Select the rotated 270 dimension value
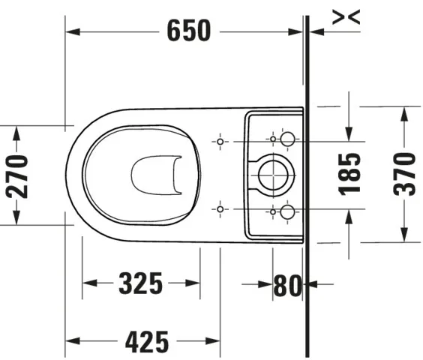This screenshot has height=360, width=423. coord(17,175)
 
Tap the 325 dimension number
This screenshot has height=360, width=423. coord(140,283)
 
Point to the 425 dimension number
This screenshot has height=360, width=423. coord(146,342)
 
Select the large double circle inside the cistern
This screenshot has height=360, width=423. coord(273,175)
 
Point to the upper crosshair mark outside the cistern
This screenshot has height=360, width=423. coord(220,140)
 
